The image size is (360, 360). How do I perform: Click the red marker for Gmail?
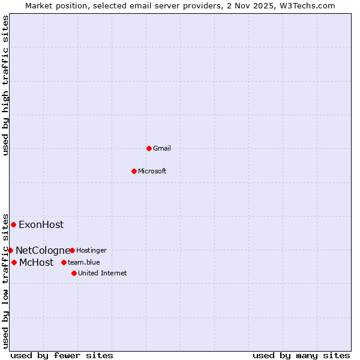(149, 148)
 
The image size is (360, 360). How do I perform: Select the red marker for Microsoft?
(134, 171)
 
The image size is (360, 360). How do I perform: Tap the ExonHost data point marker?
(13, 224)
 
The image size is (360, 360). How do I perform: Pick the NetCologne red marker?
(10, 250)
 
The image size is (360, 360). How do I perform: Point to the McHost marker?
(14, 262)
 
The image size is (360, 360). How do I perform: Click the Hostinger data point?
(72, 250)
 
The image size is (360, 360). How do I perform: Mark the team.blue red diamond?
(64, 262)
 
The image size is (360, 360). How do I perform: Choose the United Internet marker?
(74, 273)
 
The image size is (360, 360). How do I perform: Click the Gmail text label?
(162, 148)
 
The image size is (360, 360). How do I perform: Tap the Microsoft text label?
(152, 171)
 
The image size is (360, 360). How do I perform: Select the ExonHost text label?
(41, 225)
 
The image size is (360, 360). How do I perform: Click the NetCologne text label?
(43, 250)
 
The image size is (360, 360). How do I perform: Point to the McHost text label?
(36, 263)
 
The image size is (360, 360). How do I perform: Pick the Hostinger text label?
(91, 250)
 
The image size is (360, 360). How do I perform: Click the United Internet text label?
(102, 273)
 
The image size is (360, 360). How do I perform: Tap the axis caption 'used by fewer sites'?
(62, 355)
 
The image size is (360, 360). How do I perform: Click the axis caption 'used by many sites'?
(301, 355)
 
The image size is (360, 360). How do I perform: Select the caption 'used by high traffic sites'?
(6, 85)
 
